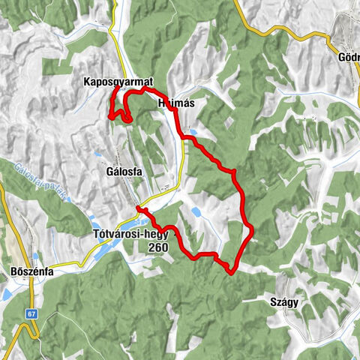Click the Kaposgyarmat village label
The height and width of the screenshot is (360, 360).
point(119,82)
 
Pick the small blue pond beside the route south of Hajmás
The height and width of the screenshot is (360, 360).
point(193,139)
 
